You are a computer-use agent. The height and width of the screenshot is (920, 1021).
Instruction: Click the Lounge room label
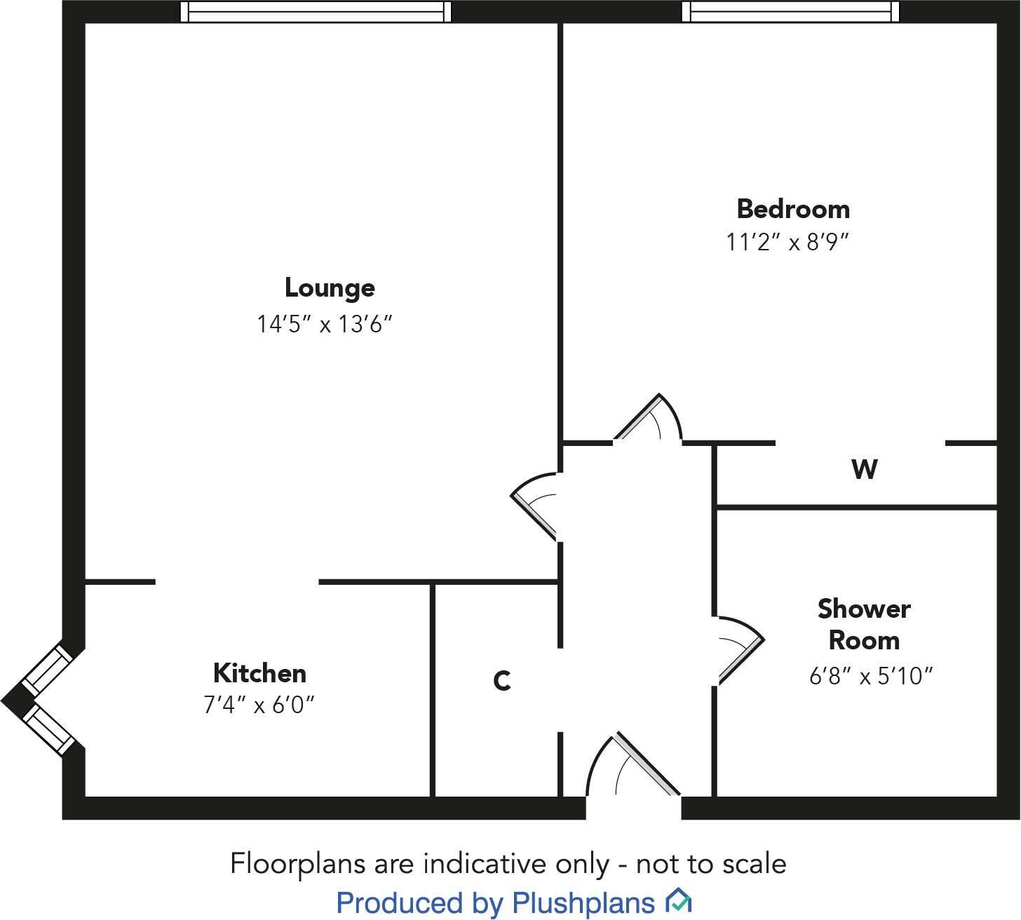(330, 288)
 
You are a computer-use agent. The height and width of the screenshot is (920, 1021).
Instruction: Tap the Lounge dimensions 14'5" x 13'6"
(324, 324)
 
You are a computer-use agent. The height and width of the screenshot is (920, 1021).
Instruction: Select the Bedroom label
(793, 209)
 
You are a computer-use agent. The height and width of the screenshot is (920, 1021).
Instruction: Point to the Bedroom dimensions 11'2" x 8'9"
(787, 243)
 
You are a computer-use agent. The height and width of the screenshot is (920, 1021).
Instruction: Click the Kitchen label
(259, 673)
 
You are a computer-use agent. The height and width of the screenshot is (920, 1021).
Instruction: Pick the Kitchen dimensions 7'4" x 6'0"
(259, 704)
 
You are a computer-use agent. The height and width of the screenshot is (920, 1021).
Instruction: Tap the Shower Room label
(864, 624)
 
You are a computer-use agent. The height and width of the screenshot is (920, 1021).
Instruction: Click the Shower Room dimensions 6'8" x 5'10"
(871, 676)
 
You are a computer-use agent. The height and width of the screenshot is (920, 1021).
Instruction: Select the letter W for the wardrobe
(864, 469)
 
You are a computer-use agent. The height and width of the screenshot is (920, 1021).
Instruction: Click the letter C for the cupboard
(501, 681)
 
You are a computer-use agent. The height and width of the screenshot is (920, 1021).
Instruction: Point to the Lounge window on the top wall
(316, 12)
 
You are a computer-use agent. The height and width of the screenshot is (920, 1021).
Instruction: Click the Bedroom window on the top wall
(790, 12)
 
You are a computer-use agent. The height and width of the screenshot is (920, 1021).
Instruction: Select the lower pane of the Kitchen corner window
(49, 729)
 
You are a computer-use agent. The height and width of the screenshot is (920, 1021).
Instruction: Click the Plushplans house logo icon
(678, 900)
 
